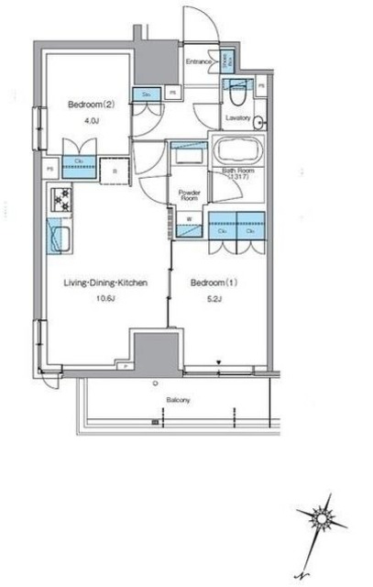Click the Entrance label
[x=199, y=61]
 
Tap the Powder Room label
[x=190, y=194]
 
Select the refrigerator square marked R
[x=115, y=168]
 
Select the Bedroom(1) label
[x=209, y=283]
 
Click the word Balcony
[x=180, y=401]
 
